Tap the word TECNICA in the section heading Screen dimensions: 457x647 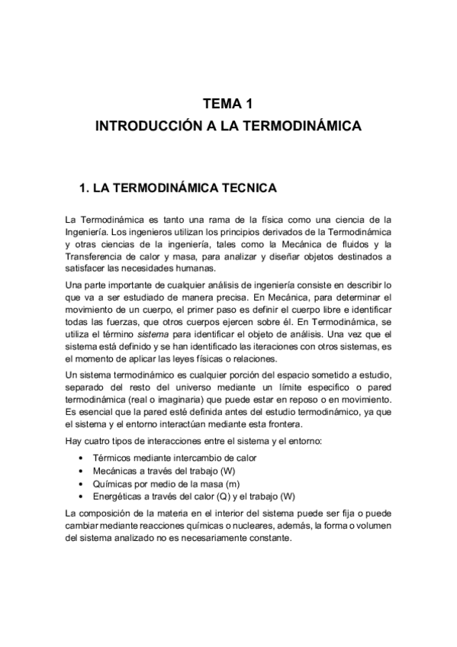[249, 187]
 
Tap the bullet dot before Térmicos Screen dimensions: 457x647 [82, 458]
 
